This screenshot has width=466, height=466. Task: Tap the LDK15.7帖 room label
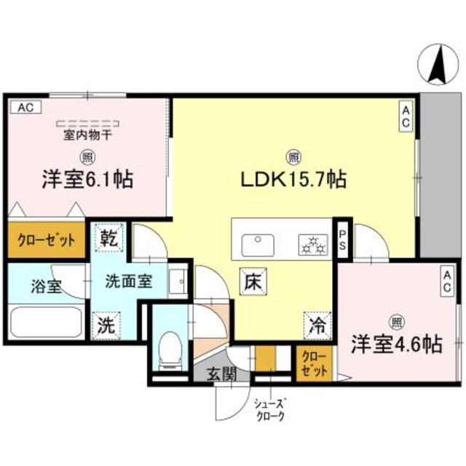coord(293,178)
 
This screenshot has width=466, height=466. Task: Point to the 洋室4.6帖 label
coord(397,344)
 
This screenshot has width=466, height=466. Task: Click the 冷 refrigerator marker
coord(317,322)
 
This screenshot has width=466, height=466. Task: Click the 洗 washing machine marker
coord(106,325)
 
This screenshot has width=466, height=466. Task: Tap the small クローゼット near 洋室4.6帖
coord(314,362)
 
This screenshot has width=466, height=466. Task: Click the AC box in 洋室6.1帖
coord(25,108)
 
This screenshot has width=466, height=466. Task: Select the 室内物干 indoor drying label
coord(86,134)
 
